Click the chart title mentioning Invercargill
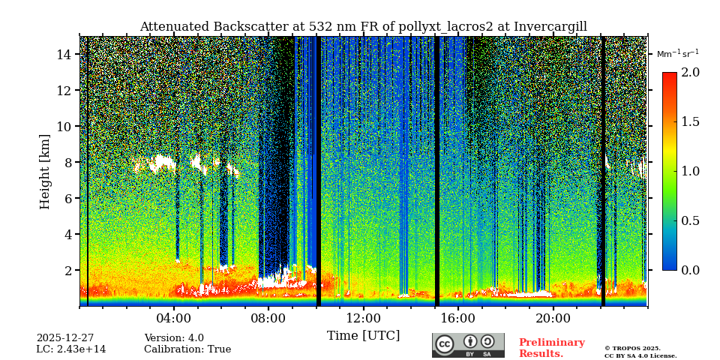363,27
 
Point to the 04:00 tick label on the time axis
174,318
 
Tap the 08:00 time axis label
268,318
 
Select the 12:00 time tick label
364,318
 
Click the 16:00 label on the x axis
458,318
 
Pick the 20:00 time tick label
553,318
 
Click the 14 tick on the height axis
63,55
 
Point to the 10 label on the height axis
63,127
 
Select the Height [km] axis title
45,172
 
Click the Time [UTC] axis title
363,336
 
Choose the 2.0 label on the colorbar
691,73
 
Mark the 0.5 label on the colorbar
691,220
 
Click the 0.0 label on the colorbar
691,270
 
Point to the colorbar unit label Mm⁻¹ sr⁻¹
677,54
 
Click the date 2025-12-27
65,338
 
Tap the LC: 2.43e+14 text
71,349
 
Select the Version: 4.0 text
174,338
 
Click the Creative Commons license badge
468,345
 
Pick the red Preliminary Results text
551,348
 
